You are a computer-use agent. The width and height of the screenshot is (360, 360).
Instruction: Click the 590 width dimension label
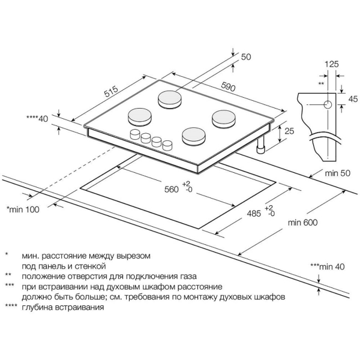pos(229,86)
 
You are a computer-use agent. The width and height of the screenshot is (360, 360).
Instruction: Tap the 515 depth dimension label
pos(111,91)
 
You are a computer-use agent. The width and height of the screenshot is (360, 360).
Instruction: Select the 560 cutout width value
pos(171,190)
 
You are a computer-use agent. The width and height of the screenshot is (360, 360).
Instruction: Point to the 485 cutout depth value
pos(254,214)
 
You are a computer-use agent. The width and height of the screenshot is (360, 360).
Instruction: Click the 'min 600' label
pos(303,222)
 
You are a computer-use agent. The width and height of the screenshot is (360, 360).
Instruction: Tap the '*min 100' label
pos(23,209)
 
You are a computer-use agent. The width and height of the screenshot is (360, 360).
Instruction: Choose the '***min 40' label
pos(328,266)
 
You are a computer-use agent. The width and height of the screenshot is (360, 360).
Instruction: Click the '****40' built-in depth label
pos(37,119)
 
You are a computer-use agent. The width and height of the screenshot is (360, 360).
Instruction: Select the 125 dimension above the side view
pos(332,64)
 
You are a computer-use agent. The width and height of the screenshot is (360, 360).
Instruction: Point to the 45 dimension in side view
pos(353,99)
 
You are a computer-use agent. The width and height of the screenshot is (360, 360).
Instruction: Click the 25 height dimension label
pos(289,131)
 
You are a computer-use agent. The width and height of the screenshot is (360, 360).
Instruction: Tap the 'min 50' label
pos(337,173)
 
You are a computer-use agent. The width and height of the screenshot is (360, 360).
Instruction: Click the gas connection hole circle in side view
pos(328,104)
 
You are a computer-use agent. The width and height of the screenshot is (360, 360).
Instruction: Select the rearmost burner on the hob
pos(170,99)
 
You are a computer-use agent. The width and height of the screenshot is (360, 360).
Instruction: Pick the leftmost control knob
pos(135,134)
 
